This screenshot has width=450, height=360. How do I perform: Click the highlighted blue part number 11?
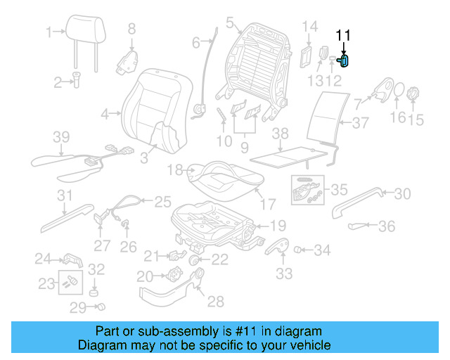[345, 61]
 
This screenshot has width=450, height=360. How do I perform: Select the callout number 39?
[61, 136]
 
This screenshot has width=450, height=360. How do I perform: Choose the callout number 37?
[361, 123]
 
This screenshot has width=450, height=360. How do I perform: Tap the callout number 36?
[387, 226]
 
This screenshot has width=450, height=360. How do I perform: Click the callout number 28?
[215, 302]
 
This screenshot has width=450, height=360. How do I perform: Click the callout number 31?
[65, 195]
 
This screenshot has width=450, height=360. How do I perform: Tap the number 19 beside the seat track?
[278, 226]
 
